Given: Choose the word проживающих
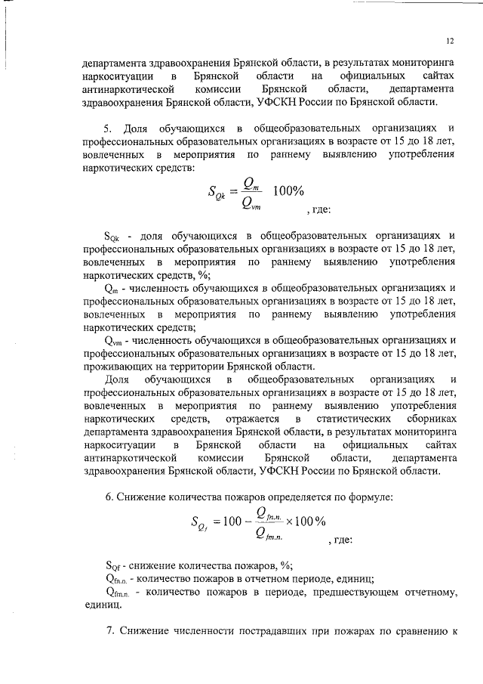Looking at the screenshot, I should (x=119, y=367).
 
